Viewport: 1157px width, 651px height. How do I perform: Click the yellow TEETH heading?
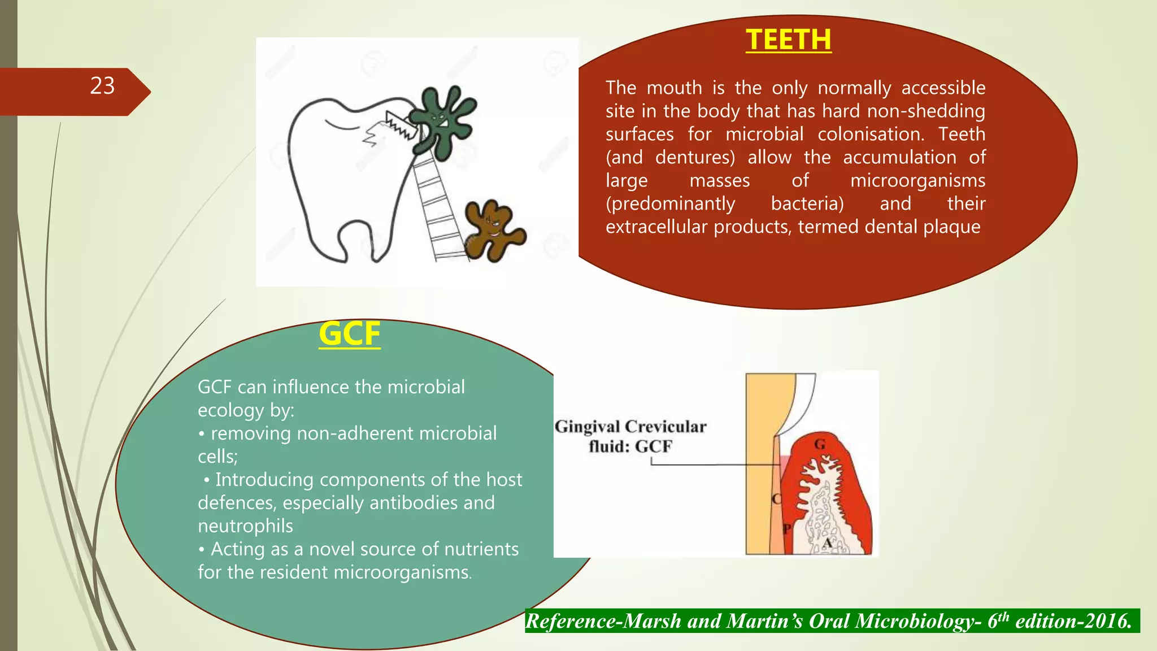(788, 40)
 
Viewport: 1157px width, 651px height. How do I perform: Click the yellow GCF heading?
(349, 333)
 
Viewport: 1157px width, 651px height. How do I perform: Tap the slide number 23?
(102, 86)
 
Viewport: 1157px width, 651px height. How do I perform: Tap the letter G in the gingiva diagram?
(820, 445)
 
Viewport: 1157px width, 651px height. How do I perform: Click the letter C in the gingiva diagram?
(777, 499)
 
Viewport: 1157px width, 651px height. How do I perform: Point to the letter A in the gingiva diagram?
(827, 542)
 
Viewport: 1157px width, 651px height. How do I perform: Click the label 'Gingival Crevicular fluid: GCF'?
(630, 436)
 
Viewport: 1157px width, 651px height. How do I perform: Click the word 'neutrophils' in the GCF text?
(245, 526)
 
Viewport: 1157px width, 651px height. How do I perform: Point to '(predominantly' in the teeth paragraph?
(670, 204)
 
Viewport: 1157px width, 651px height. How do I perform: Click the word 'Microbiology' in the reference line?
(895, 621)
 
